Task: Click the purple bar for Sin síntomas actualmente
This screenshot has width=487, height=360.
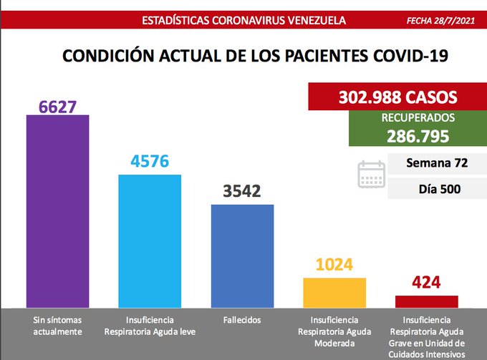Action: (57, 211)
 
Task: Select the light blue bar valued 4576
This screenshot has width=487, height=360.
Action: (150, 241)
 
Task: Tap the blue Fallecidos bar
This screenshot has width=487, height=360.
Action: (242, 256)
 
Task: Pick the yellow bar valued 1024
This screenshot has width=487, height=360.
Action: (334, 293)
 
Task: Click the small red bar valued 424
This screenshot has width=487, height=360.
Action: (427, 301)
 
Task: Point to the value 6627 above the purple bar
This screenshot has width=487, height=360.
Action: (57, 106)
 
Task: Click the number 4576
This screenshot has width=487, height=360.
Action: (150, 161)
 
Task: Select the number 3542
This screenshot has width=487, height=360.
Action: (242, 192)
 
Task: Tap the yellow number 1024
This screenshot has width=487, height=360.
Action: (334, 265)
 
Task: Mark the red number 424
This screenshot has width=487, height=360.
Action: (427, 282)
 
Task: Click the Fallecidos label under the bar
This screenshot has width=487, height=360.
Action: (241, 319)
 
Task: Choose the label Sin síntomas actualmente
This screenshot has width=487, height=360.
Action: (57, 325)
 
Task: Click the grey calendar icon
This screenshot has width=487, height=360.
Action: (371, 174)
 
